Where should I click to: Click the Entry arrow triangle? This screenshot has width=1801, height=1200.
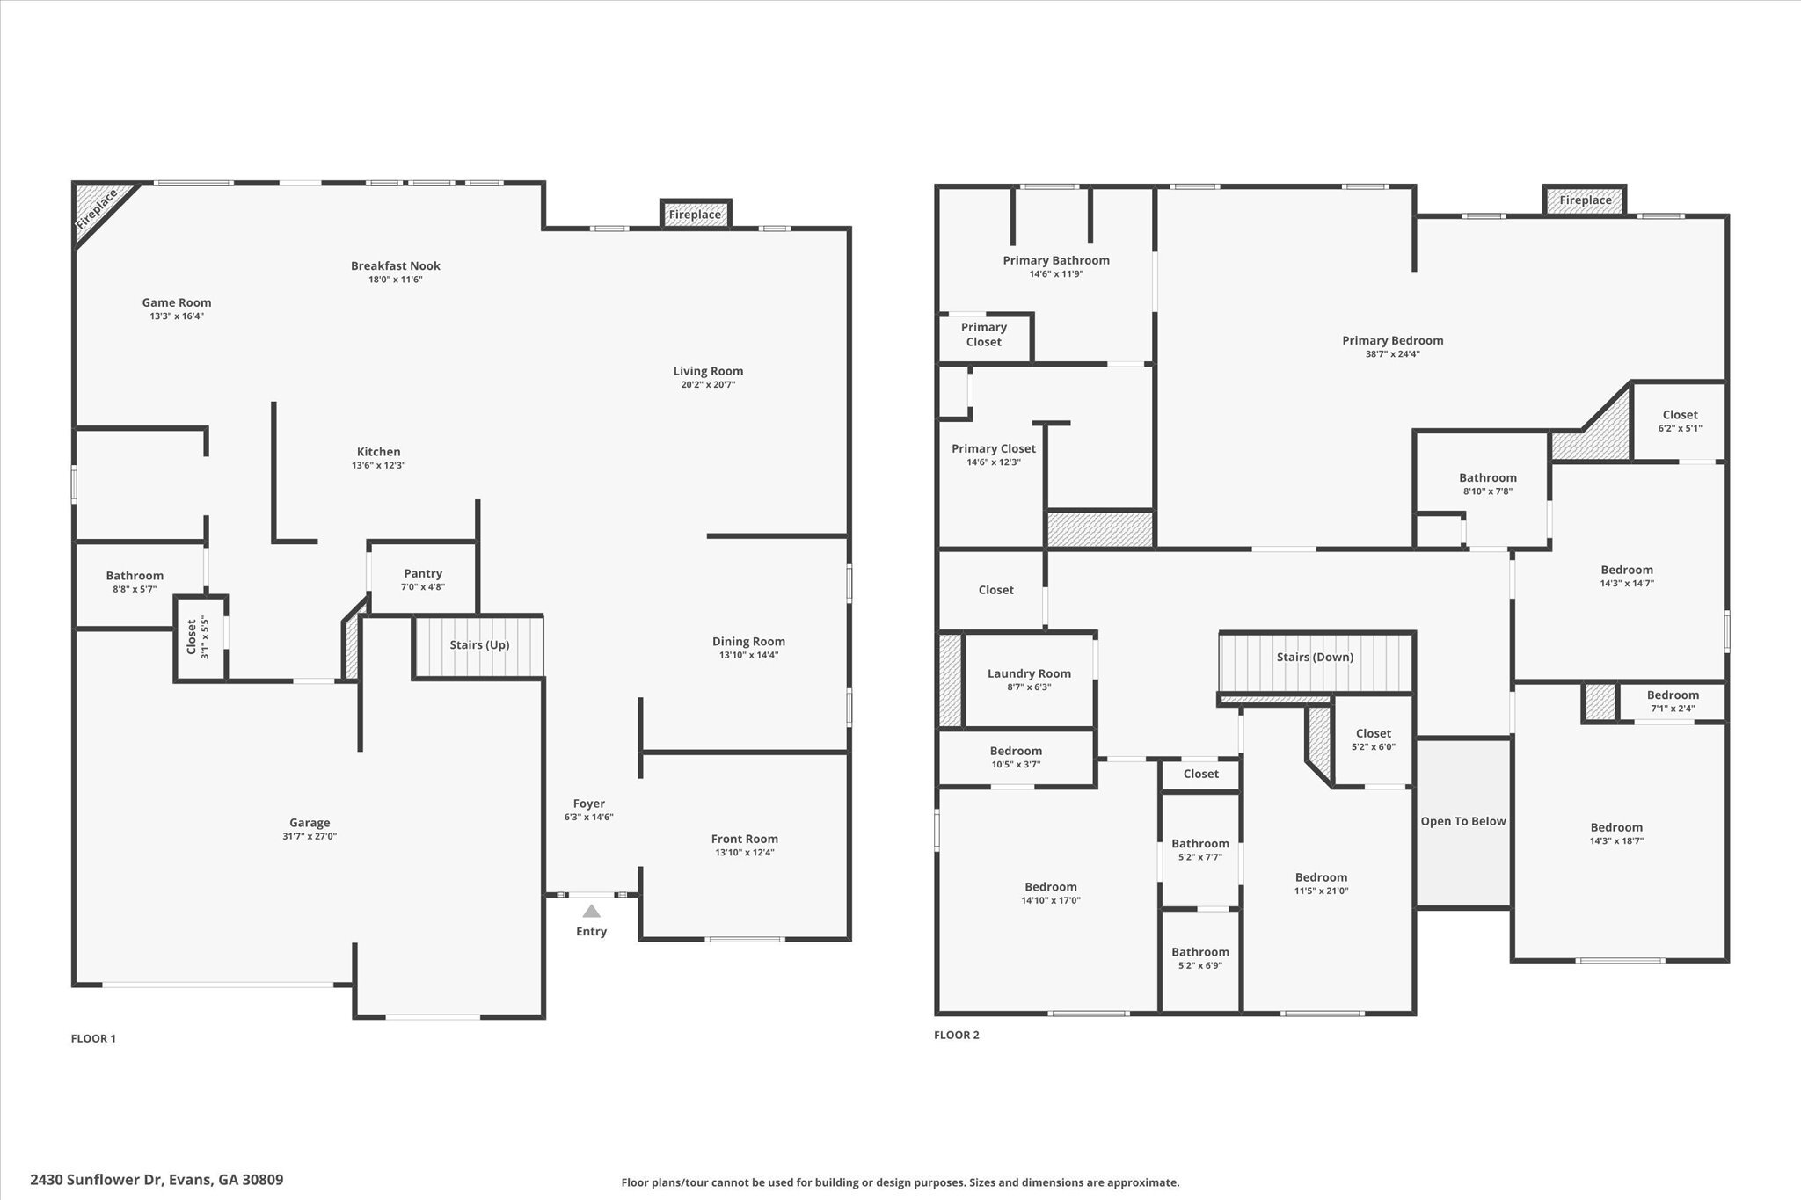click(591, 911)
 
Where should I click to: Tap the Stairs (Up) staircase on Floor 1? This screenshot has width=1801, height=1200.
click(478, 646)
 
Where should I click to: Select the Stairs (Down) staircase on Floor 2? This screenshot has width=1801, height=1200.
click(1315, 662)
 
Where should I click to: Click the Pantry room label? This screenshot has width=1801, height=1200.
click(423, 573)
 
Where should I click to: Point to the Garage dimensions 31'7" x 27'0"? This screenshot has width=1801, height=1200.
click(310, 837)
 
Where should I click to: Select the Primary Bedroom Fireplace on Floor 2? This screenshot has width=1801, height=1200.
click(1585, 200)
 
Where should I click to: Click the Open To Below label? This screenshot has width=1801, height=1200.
click(1463, 821)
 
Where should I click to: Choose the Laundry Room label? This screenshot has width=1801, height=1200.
click(1029, 673)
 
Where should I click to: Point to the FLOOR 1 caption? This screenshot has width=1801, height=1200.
click(93, 1038)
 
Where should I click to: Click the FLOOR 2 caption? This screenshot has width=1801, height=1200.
click(956, 1035)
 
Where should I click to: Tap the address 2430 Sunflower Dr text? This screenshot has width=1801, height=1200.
click(98, 1180)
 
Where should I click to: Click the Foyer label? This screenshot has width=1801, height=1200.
click(589, 804)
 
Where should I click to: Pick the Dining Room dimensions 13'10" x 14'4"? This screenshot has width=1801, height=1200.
click(748, 655)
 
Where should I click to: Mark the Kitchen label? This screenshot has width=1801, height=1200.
click(378, 452)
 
